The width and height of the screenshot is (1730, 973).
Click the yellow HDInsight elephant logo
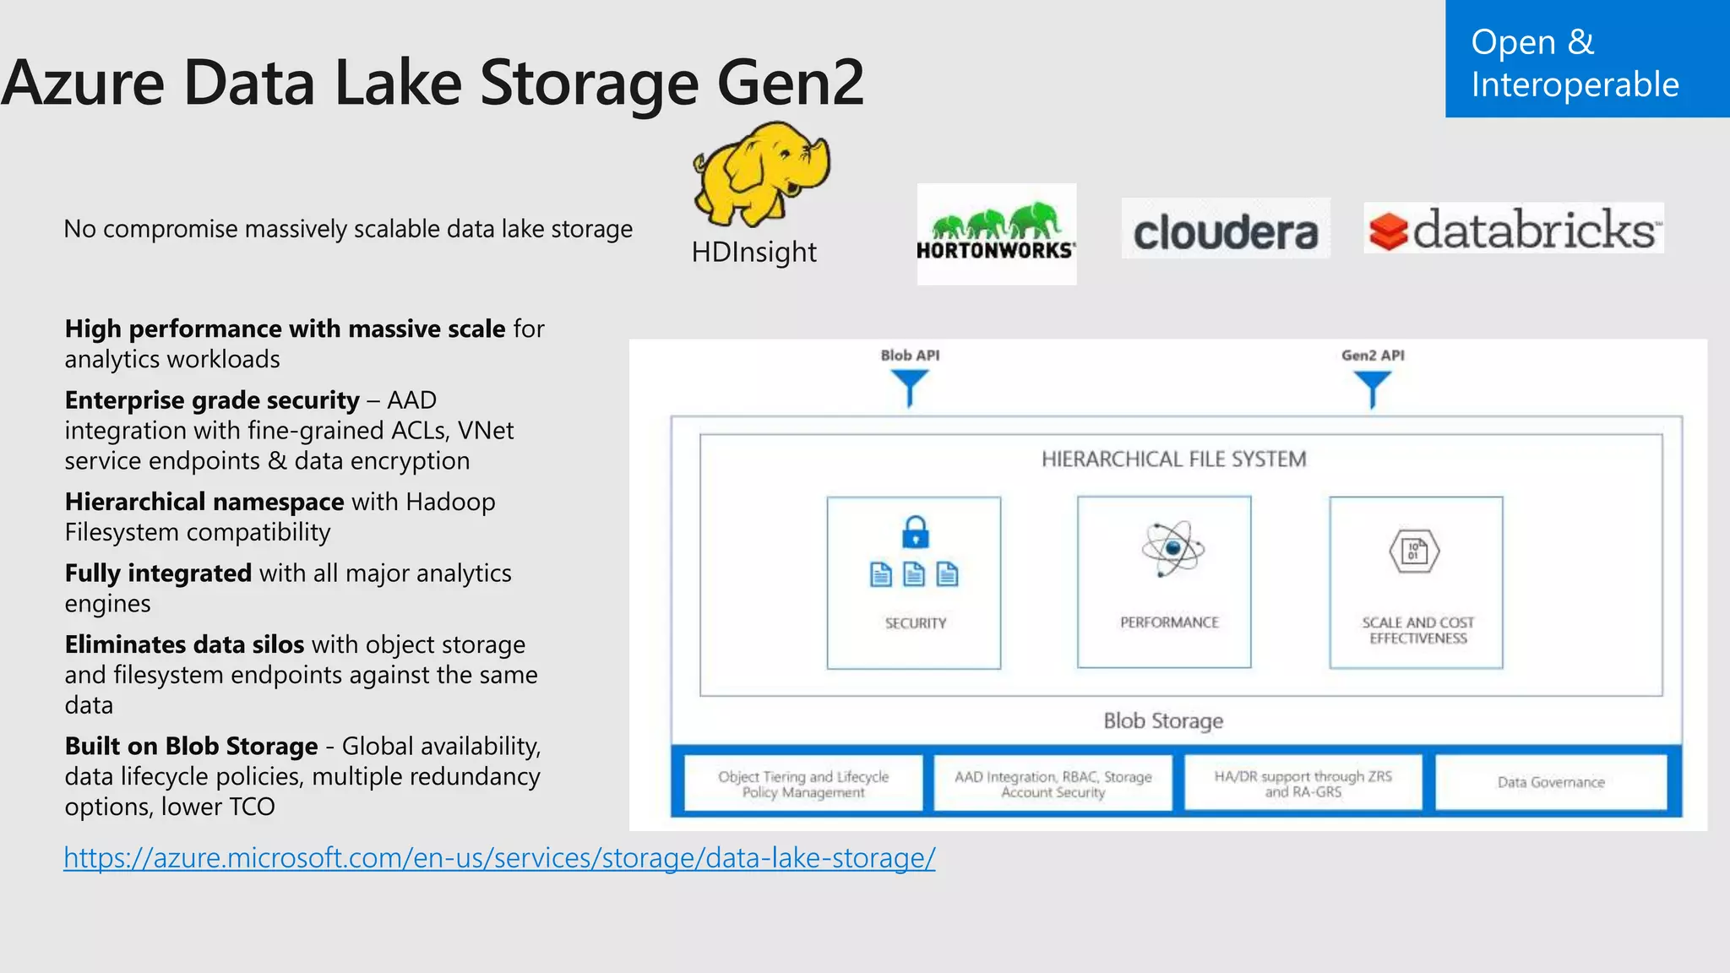[761, 173]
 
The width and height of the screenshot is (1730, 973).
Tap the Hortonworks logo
[996, 234]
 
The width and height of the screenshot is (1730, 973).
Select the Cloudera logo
[1225, 229]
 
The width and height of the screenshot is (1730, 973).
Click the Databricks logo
[1513, 229]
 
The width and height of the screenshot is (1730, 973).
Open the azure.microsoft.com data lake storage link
[499, 858]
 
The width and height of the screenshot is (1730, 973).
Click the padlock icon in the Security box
[915, 532]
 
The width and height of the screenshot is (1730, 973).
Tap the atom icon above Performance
[1172, 549]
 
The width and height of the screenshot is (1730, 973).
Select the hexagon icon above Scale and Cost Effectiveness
[1414, 552]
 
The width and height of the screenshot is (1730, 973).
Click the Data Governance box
[1551, 782]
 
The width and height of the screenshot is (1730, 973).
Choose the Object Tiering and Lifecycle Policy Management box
[803, 784]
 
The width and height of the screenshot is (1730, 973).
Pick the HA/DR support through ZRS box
[1303, 784]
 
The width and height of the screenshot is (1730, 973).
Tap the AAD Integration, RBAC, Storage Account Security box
[1053, 784]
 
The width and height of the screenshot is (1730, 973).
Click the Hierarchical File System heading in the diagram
[1173, 459]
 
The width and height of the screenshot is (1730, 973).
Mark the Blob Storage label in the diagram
[1163, 720]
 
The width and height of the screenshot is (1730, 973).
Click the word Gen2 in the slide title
[791, 83]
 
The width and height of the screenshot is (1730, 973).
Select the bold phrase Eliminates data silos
[184, 644]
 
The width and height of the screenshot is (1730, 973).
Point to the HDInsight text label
[753, 252]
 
